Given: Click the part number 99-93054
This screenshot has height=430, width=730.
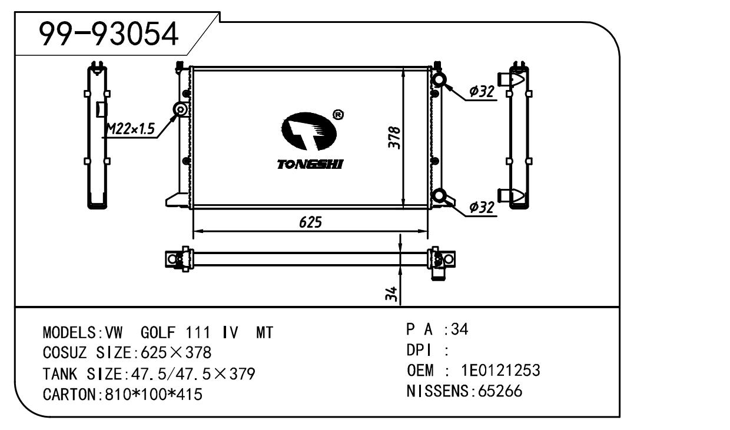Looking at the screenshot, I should [x=108, y=35].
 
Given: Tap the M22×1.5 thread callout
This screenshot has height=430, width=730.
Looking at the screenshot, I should [x=130, y=129].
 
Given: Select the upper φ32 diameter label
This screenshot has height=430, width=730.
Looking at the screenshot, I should [x=481, y=92].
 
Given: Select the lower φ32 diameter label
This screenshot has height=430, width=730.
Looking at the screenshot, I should [x=481, y=207].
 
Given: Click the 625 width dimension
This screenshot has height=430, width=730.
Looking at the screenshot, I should [x=310, y=222].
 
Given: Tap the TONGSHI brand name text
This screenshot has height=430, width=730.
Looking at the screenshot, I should [x=310, y=164].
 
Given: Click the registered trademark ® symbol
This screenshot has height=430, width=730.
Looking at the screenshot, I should [x=338, y=115].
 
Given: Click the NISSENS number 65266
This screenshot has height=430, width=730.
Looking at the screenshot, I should [x=499, y=391].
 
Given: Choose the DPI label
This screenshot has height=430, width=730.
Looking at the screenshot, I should [x=419, y=351].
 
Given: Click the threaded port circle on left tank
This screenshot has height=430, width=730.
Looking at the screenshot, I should [x=180, y=110].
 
